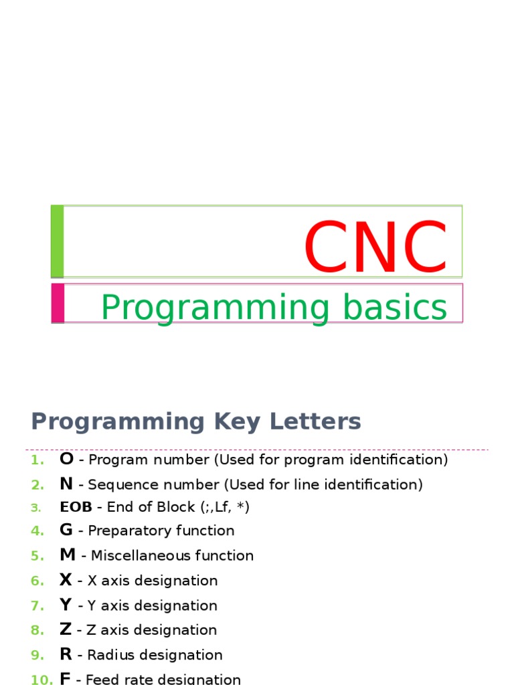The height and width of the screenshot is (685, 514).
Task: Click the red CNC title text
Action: coord(375,247)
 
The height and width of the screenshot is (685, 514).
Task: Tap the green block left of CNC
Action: coord(57,241)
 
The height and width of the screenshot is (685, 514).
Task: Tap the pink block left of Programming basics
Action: coord(58,303)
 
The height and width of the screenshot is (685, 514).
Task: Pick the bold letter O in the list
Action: coord(66,459)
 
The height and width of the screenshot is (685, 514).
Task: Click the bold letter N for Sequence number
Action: coord(66,484)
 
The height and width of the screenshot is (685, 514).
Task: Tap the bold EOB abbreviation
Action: coord(76,507)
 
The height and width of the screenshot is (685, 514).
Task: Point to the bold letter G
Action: coord(66,530)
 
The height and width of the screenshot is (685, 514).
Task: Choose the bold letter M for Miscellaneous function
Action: coord(68,555)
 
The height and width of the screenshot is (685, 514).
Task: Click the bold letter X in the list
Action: coord(66,580)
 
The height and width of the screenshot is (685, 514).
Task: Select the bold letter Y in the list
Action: coord(66,605)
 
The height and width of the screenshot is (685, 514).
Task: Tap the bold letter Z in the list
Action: coord(65,629)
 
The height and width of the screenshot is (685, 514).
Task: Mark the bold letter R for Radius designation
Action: coord(66,654)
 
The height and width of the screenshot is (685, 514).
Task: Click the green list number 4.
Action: coord(36,531)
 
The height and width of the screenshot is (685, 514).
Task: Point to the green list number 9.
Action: coord(36,655)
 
